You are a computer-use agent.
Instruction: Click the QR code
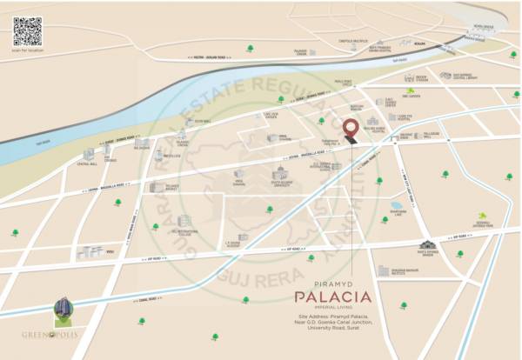(x=27, y=30)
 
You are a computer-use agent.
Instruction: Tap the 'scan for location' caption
(x=28, y=49)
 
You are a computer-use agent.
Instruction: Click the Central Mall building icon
(x=88, y=154)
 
